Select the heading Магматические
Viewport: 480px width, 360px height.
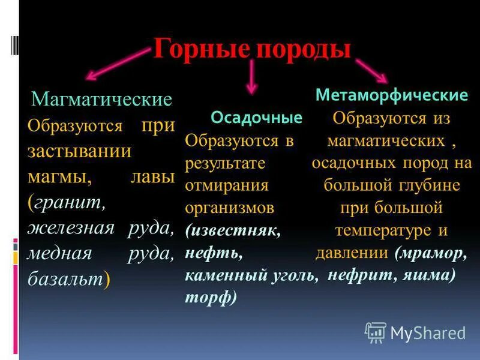click(x=101, y=98)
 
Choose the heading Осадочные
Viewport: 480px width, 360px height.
click(x=256, y=118)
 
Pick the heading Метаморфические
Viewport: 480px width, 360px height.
click(x=392, y=95)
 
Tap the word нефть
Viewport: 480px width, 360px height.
click(x=214, y=253)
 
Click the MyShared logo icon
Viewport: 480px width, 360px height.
click(x=375, y=332)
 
